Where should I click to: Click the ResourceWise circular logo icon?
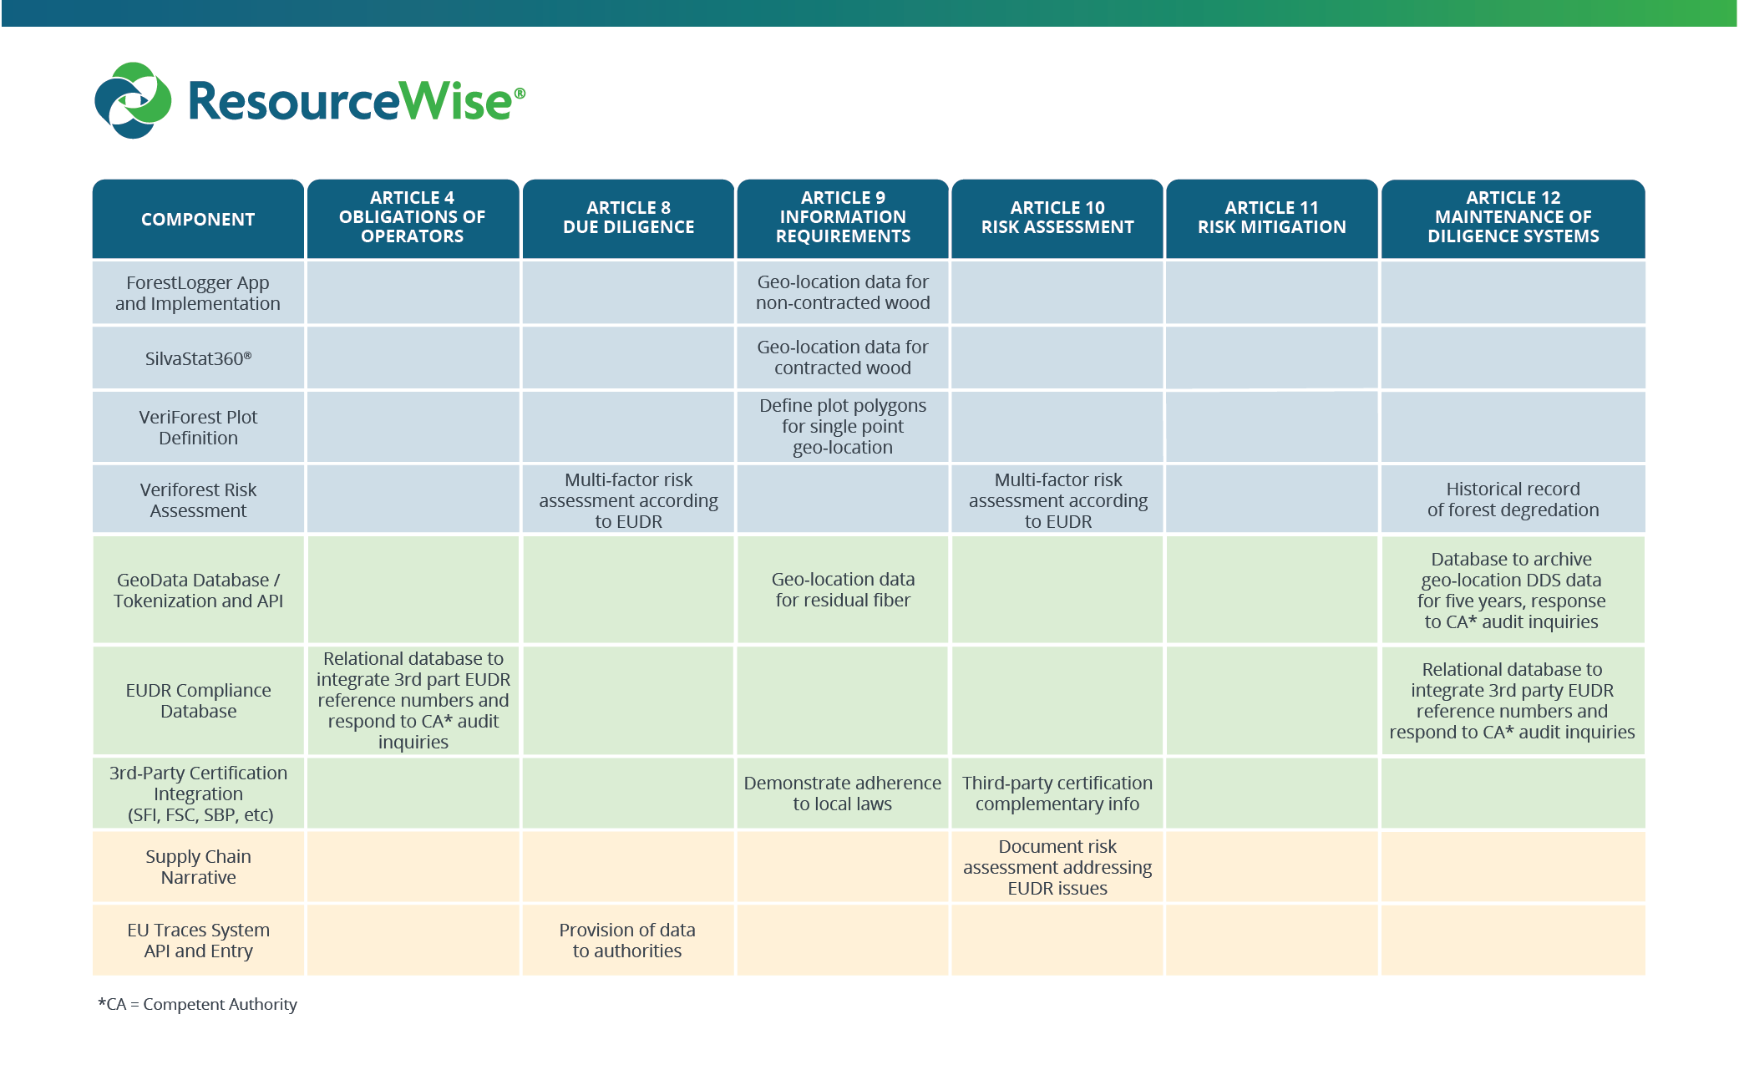(133, 100)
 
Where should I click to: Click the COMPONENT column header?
(198, 219)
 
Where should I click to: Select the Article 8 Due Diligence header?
(628, 217)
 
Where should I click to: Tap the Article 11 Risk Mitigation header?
(1271, 217)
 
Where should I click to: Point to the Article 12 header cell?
(1513, 217)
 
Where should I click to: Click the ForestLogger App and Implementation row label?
(198, 293)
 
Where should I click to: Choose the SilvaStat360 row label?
(198, 358)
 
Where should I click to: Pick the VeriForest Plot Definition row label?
(198, 427)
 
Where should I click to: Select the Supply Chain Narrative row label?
(198, 867)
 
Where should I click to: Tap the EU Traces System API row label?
(198, 941)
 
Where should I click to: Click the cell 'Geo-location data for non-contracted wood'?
(843, 292)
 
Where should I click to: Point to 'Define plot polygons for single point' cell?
(843, 426)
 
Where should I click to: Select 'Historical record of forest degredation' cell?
(1513, 500)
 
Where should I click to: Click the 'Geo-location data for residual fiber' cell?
(843, 590)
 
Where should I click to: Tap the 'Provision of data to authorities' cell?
(627, 941)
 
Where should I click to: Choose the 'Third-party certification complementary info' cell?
(1057, 794)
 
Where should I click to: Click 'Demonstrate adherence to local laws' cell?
(843, 794)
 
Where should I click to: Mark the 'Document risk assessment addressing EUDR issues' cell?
(1057, 867)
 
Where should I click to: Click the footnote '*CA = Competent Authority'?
(198, 1004)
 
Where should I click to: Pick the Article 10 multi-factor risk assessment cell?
(1057, 500)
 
